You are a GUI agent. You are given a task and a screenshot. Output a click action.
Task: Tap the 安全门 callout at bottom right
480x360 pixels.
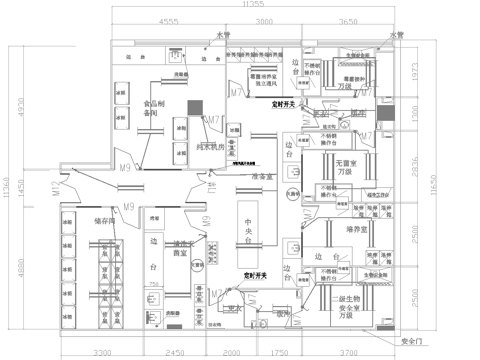coord(414,339)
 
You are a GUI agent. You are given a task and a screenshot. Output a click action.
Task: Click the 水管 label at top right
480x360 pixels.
coord(398,35)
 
